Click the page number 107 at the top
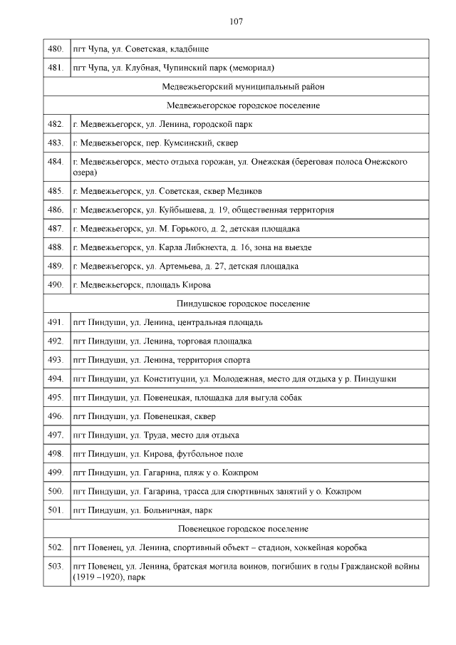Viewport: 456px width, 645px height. coord(236,21)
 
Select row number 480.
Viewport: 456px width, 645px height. coord(56,49)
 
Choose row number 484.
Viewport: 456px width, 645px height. coord(56,162)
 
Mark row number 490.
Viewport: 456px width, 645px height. coord(56,285)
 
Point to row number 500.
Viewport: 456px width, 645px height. coord(56,491)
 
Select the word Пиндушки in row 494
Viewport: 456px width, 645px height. coord(376,378)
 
